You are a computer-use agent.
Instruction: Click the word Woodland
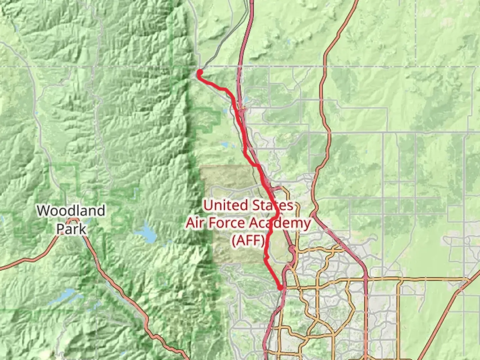click(x=71, y=211)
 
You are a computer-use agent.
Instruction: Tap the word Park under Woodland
click(x=71, y=229)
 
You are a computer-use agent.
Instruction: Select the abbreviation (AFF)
click(x=249, y=240)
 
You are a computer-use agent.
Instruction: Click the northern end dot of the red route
click(x=200, y=72)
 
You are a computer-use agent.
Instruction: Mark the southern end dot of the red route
click(x=280, y=287)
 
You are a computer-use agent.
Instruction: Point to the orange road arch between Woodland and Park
click(x=72, y=220)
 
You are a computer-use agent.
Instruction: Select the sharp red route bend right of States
click(x=278, y=212)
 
